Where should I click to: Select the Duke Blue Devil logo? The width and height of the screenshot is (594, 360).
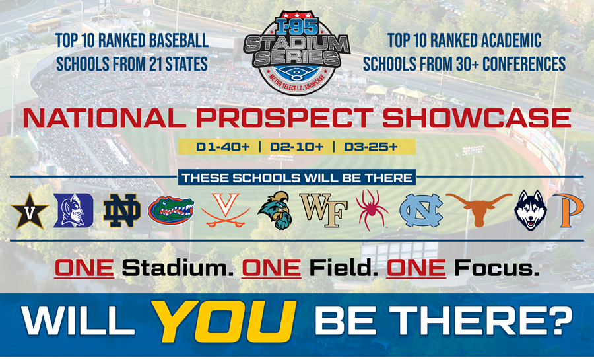pyautogui.click(x=73, y=211)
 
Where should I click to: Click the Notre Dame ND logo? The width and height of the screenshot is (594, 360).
pyautogui.click(x=121, y=211)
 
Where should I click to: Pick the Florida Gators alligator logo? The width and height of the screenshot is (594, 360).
pyautogui.click(x=171, y=211)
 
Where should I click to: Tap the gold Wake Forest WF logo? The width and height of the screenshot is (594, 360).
pyautogui.click(x=324, y=211)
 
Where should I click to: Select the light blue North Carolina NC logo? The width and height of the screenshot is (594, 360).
pyautogui.click(x=420, y=211)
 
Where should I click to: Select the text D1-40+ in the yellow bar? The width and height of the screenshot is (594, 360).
pyautogui.click(x=222, y=147)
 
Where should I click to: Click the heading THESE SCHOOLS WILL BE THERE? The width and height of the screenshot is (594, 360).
pyautogui.click(x=297, y=178)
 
